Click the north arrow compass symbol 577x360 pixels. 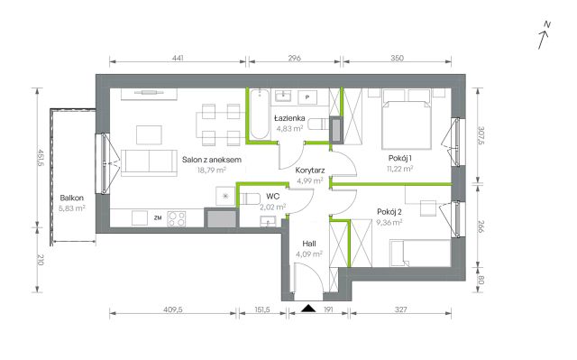click(x=544, y=35)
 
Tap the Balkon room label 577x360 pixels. click(x=72, y=198)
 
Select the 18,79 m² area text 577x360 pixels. click(x=212, y=170)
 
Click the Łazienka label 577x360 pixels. click(x=289, y=118)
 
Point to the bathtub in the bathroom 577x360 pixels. click(x=260, y=114)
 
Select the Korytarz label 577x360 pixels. click(x=310, y=171)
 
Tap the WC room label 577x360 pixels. click(x=272, y=197)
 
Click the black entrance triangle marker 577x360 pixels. click(x=308, y=308)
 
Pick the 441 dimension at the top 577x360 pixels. click(x=178, y=58)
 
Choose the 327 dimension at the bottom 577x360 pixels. click(x=400, y=309)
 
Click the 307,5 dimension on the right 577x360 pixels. click(x=481, y=136)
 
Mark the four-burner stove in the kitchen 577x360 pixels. click(x=177, y=218)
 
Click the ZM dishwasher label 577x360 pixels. click(x=158, y=218)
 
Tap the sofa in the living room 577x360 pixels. click(x=149, y=162)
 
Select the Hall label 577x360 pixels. click(x=309, y=244)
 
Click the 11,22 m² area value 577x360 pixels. click(x=400, y=169)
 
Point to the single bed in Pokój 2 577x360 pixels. click(x=420, y=253)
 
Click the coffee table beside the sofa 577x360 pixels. click(x=149, y=135)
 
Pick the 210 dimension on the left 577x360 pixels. click(x=41, y=260)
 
